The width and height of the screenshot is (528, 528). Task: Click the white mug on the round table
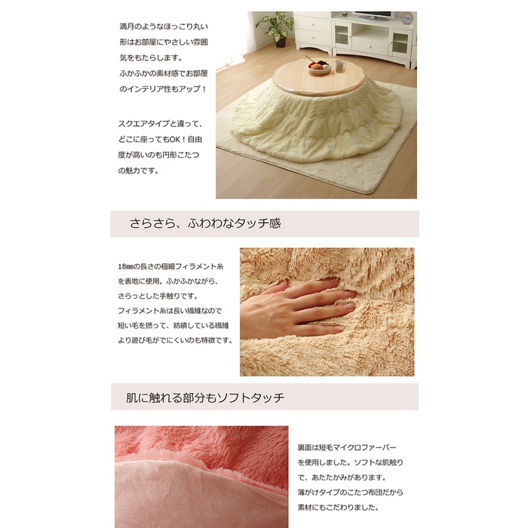(339, 65)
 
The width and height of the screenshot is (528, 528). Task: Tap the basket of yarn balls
(319, 68)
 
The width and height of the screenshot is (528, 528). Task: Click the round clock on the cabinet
(407, 19)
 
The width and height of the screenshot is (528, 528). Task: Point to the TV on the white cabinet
(373, 16)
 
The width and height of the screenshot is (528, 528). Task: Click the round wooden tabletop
(319, 78)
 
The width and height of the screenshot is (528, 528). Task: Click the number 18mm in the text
(125, 267)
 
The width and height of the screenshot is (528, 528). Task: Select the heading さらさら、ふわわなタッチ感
(205, 223)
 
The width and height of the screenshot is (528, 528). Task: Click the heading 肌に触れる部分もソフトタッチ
(205, 398)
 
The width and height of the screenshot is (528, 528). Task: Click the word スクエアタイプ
(144, 124)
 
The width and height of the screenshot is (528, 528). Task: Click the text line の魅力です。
(138, 170)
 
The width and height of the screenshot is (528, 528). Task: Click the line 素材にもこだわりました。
(338, 507)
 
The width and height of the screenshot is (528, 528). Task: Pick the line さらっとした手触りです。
(158, 296)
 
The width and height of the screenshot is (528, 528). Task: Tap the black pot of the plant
(281, 42)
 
